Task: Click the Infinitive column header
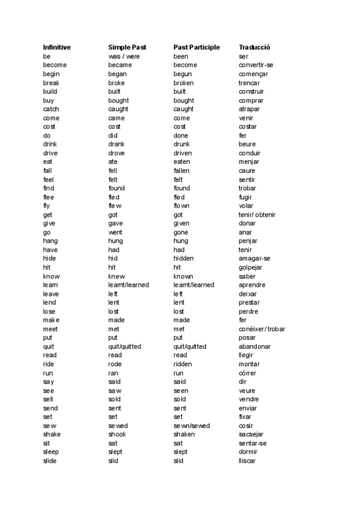[x=57, y=47]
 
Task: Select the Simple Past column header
[x=127, y=47]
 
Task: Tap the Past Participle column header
[x=197, y=47]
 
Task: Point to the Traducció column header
[x=254, y=47]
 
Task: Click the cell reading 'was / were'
[x=124, y=56]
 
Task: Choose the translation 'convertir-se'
[x=256, y=65]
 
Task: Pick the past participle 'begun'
[x=184, y=74]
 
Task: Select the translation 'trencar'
[x=249, y=82]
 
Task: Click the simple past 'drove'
[x=116, y=153]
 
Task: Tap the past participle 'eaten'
[x=182, y=162]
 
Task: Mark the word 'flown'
[x=182, y=206]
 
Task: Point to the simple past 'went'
[x=115, y=232]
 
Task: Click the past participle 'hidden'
[x=184, y=259]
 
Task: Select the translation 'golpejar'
[x=250, y=267]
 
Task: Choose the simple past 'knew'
[x=116, y=276]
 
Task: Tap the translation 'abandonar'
[x=254, y=346]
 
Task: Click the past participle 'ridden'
[x=183, y=364]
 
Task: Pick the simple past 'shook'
[x=117, y=434]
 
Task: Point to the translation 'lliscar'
[x=247, y=460]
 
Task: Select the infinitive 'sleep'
[x=51, y=451]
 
